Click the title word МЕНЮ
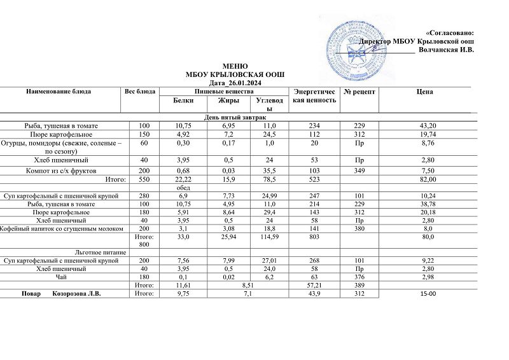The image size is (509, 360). point(235,67)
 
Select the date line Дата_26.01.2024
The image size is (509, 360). point(235,83)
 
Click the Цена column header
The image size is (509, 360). point(424,92)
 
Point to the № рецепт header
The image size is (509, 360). point(359,92)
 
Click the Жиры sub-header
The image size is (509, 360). point(228,100)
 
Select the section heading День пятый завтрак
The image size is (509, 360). point(235,118)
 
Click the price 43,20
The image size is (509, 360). point(425,126)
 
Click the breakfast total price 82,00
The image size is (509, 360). point(425,180)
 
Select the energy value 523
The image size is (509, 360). point(314,180)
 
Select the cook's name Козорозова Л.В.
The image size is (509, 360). point(78,294)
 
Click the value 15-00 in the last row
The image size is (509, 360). point(425,294)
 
